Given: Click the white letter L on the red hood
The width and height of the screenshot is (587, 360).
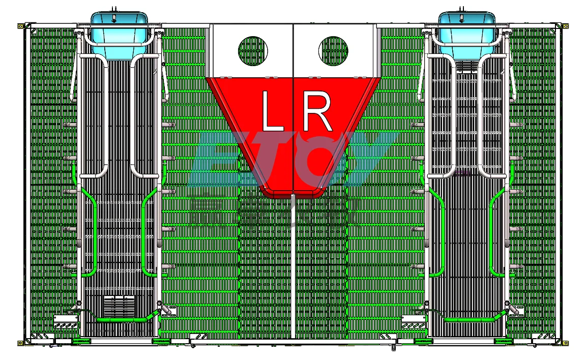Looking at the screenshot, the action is coord(272,110).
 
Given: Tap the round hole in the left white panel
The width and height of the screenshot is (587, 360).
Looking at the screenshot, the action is coord(253,50).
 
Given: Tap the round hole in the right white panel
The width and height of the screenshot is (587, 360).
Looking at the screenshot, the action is coord(333,50).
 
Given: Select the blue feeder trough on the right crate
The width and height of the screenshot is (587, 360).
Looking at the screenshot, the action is coord(467,31).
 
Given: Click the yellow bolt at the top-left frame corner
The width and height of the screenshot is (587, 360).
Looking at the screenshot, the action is coord(20,25).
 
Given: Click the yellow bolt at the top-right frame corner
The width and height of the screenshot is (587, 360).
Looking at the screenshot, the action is coord(565,25).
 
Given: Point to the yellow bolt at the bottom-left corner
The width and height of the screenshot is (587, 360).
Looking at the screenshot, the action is coord(20,343).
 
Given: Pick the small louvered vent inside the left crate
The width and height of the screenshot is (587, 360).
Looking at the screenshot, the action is coord(119,306).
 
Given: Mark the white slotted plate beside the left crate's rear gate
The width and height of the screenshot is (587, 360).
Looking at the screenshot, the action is coord(65,321).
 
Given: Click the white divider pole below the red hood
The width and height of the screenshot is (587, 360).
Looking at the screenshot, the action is coord(293,264).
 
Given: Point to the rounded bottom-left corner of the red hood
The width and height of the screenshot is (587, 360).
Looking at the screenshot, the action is coord(267,192).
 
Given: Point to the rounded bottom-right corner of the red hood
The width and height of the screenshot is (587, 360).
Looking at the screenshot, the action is coord(320,192).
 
